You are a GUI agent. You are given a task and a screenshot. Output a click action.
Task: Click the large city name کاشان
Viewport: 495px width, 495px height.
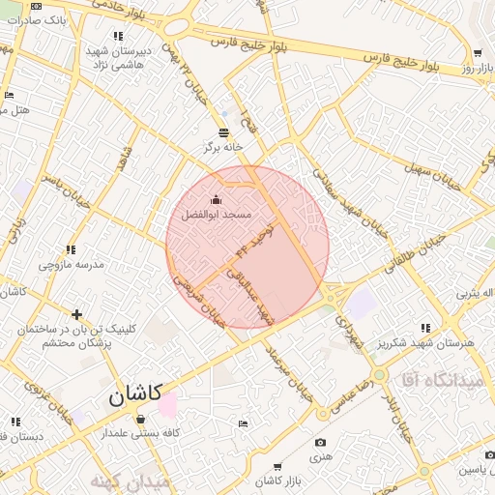(x=131, y=396)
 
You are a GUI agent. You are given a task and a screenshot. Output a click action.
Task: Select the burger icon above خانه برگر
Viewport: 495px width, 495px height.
(x=224, y=132)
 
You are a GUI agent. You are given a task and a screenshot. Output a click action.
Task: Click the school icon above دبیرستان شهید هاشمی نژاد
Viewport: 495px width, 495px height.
(x=119, y=36)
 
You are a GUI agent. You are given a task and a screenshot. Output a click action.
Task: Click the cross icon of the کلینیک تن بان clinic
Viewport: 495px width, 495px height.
(x=76, y=314)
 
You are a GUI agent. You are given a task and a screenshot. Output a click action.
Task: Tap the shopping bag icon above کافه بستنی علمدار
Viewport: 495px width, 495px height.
(x=141, y=420)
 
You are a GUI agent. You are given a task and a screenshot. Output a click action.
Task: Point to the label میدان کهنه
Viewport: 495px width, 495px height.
(x=130, y=480)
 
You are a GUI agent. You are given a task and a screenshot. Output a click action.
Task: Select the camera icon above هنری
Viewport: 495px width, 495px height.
(x=320, y=443)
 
